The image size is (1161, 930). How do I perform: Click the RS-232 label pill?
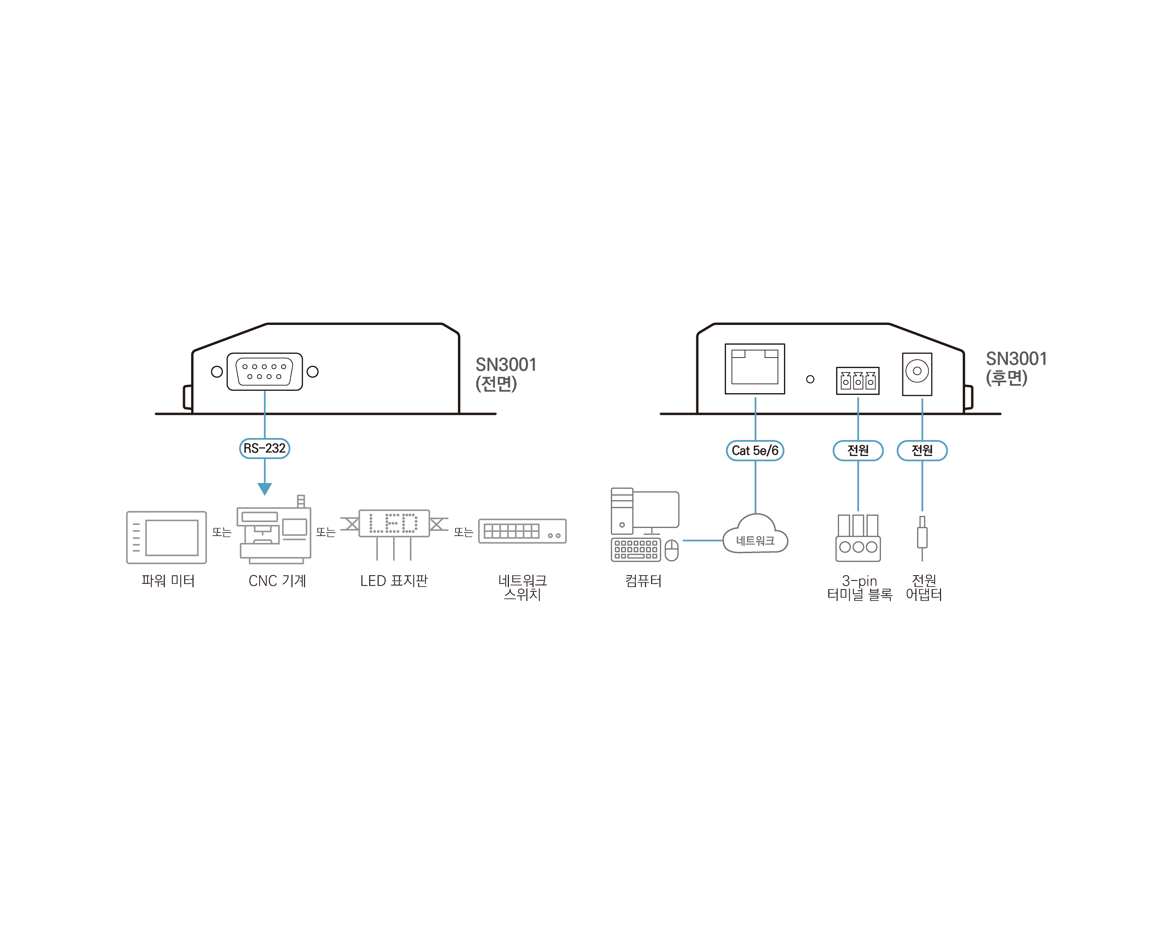tap(264, 448)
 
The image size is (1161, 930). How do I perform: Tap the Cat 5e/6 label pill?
tap(755, 450)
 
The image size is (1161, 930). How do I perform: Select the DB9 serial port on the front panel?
tap(264, 371)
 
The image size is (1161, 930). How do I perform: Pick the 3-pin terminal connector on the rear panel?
tap(858, 381)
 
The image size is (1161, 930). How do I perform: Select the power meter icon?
tap(166, 537)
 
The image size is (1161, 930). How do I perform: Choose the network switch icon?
tap(522, 531)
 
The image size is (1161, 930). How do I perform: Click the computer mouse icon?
tap(671, 550)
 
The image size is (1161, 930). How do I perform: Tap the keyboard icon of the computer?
tap(636, 550)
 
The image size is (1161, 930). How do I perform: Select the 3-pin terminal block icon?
tap(859, 538)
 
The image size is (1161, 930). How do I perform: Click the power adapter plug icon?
tap(922, 539)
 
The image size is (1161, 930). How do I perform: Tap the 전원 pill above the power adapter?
tap(922, 450)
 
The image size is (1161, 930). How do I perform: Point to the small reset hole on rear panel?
tap(810, 379)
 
